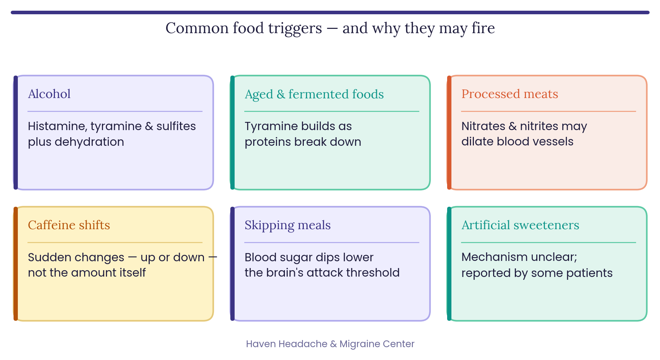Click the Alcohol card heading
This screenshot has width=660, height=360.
coord(49,94)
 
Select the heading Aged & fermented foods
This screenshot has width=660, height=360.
coord(314,94)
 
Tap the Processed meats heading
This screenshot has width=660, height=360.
coord(510,94)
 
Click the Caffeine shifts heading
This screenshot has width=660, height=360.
coord(69,225)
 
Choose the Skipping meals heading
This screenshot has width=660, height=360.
coord(287,225)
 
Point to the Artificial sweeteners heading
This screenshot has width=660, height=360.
coord(520,225)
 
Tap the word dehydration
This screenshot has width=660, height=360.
coord(89,142)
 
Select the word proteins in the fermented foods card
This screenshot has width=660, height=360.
coord(268,142)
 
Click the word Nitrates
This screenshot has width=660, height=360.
coord(483,126)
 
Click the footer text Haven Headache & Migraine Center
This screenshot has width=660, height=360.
coord(330,344)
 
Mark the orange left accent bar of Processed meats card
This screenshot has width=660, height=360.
coord(449,133)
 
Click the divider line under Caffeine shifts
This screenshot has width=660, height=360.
coord(115,243)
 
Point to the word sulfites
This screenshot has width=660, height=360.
coord(176,126)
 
